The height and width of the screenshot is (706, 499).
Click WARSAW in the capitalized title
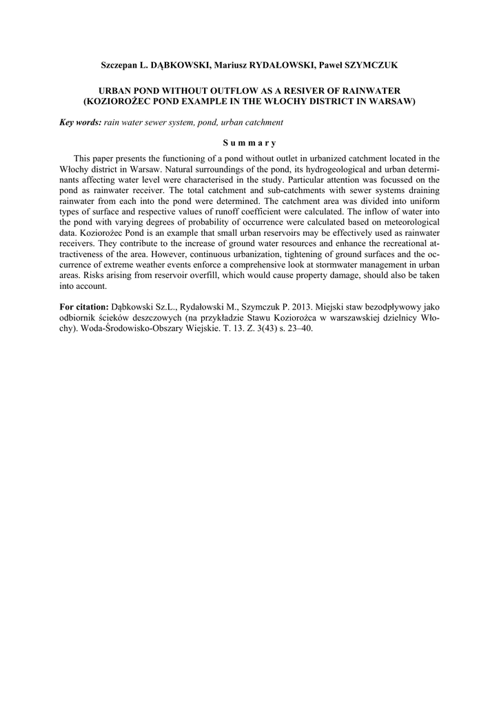click(392, 101)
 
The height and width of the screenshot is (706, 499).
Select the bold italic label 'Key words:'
click(80, 123)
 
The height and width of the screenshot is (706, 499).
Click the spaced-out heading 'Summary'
click(249, 143)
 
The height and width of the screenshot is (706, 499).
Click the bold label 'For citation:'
click(84, 306)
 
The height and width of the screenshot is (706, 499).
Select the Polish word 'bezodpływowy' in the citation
click(389, 306)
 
